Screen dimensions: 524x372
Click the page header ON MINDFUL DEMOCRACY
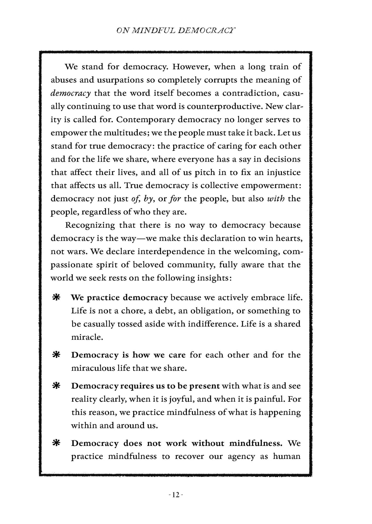coord(176,31)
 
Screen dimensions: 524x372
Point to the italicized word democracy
coord(71,93)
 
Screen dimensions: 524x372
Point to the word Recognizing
coord(90,225)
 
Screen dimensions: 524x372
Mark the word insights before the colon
coord(213,278)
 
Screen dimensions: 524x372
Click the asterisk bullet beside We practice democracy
coord(56,297)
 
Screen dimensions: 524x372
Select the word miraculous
coord(93,368)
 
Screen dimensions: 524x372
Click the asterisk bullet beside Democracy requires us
coord(56,386)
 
